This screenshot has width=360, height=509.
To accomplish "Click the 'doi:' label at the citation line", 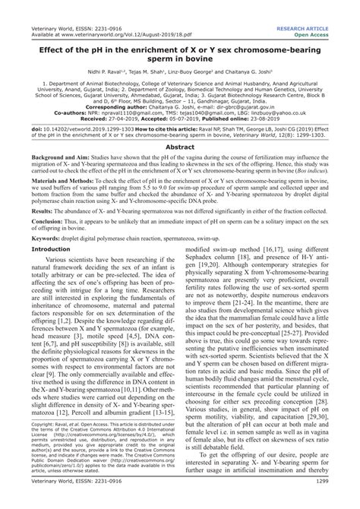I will (29, 129).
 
